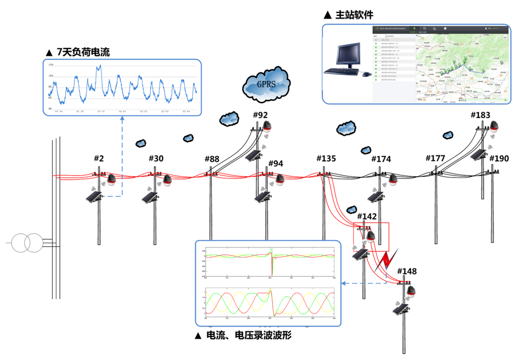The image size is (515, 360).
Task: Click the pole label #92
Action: point(260,115)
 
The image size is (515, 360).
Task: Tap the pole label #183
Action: point(480,115)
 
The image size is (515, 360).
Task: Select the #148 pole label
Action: point(407,271)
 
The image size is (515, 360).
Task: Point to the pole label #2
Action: point(99,158)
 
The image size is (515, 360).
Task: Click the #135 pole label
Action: point(326,158)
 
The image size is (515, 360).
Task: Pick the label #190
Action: point(499,158)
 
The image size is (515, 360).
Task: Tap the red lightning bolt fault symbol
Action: point(387,261)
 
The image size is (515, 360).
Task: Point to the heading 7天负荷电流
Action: point(78,52)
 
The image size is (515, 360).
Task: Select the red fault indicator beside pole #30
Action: point(167,180)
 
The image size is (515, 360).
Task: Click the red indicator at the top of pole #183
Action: point(495,125)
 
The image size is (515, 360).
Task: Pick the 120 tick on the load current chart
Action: point(51,65)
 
